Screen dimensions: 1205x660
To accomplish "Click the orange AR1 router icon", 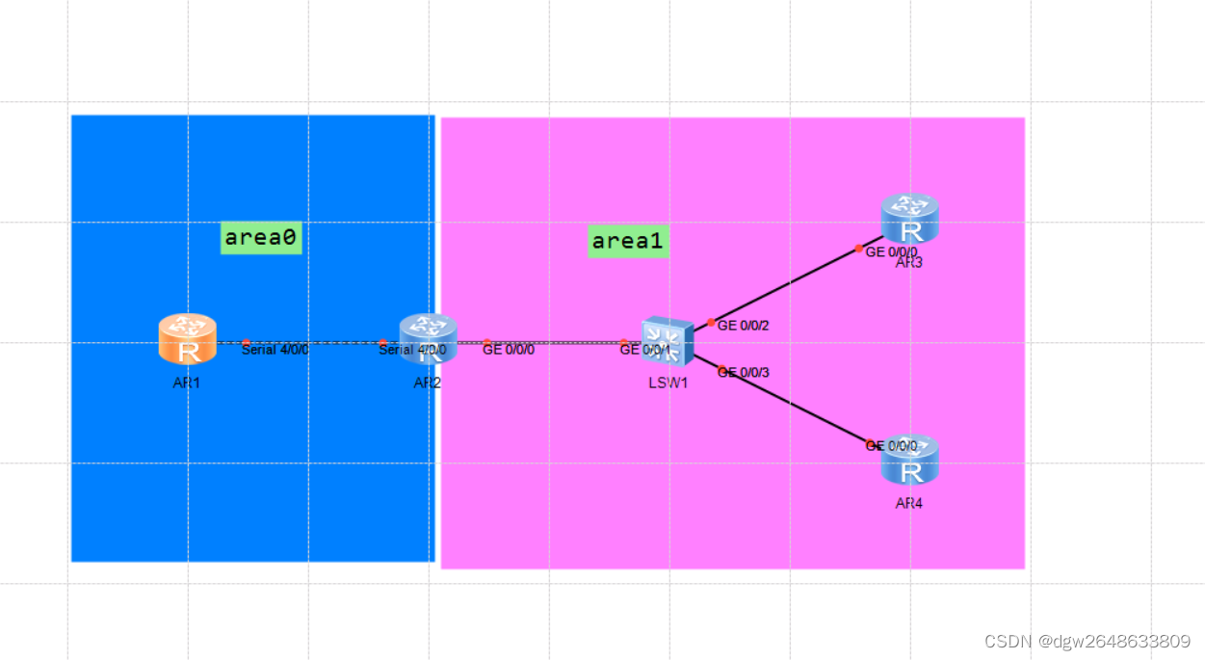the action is click(187, 339).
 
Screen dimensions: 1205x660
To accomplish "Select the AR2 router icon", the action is click(428, 338).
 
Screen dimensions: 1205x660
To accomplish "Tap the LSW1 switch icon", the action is click(668, 342).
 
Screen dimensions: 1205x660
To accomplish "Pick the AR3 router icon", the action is click(909, 218).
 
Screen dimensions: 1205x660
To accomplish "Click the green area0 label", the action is click(261, 237).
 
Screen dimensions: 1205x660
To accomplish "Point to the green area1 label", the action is click(628, 241).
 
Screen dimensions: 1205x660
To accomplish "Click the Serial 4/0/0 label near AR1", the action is click(275, 350).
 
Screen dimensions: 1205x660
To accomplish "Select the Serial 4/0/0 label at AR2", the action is click(412, 350).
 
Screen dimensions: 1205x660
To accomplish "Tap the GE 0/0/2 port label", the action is click(744, 326).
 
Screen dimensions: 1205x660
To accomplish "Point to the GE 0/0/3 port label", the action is click(744, 373).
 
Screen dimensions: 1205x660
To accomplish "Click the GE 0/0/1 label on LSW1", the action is click(644, 350).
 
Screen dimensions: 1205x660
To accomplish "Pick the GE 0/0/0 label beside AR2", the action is click(509, 350).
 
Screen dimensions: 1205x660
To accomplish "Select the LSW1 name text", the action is click(668, 383).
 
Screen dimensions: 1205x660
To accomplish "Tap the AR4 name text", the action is click(908, 503).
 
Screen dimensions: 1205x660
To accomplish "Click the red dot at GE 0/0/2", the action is click(711, 323).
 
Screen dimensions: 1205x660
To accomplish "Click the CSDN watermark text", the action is click(1087, 641).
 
